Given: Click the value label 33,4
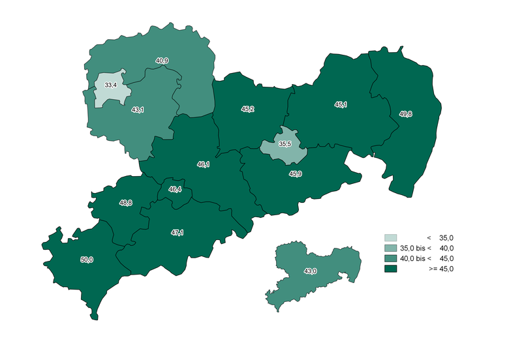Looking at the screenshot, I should tap(110, 85).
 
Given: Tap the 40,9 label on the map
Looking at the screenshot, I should tap(162, 61).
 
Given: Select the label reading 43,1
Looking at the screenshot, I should tap(138, 110).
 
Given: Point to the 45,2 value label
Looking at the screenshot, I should tap(248, 110).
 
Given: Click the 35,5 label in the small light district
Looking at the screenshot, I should tap(285, 143).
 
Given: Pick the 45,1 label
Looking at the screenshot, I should tap(341, 104).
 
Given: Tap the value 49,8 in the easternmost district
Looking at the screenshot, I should tap(405, 114).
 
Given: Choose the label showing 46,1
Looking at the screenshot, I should tap(203, 165).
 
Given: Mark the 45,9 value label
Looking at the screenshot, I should tap(295, 173).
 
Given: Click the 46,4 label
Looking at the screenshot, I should tap(175, 190).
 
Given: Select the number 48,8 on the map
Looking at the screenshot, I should tap(126, 203).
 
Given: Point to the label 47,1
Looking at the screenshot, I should tap(177, 233).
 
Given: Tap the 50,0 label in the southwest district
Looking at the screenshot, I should tap(87, 260).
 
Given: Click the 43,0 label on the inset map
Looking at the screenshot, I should tap(310, 271).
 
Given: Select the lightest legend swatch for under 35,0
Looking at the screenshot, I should tap(391, 237).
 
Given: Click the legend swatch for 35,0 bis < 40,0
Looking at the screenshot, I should tap(391, 248).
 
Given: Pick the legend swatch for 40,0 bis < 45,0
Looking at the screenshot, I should tap(391, 258).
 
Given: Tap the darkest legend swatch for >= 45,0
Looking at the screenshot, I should tap(391, 269).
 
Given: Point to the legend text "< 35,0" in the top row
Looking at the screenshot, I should tap(440, 237).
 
